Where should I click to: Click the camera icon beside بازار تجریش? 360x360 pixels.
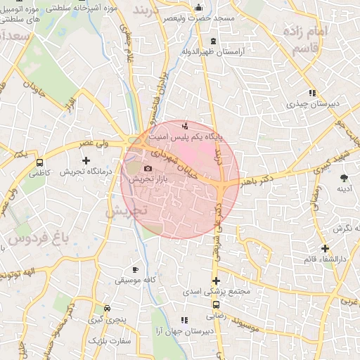click(x=148, y=168)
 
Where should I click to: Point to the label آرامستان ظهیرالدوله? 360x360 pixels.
click(x=212, y=52)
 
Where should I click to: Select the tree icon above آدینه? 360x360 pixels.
click(x=344, y=178)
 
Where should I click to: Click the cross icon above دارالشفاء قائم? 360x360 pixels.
click(x=325, y=248)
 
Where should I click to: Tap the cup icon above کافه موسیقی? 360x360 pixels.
click(x=136, y=269)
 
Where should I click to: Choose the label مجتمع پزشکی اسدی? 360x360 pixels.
click(x=211, y=291)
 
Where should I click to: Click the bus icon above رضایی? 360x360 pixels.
click(x=217, y=305)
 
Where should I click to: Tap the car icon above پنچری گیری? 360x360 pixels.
click(x=106, y=308)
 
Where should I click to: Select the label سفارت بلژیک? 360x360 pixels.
click(x=106, y=340)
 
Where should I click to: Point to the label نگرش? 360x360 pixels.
click(x=342, y=228)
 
